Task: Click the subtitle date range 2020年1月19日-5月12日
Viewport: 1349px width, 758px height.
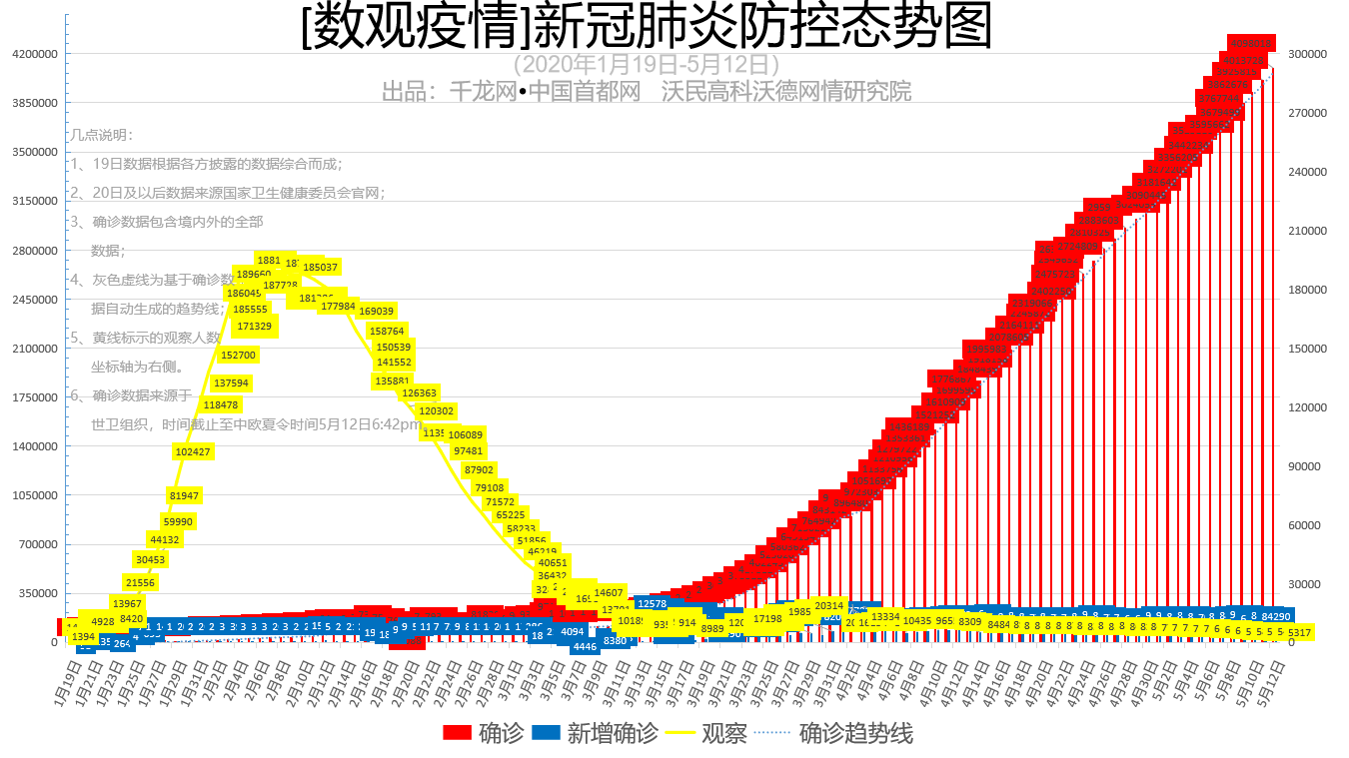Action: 647,64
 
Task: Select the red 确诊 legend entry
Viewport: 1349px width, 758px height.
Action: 484,733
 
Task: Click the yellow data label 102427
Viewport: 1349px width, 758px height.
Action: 193,451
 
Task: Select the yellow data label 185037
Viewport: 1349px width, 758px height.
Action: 320,268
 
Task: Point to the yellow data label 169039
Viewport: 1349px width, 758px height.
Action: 376,312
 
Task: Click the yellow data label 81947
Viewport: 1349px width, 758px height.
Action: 184,495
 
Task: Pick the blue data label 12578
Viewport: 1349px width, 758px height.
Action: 652,603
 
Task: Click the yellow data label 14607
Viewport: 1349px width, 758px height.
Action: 609,592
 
